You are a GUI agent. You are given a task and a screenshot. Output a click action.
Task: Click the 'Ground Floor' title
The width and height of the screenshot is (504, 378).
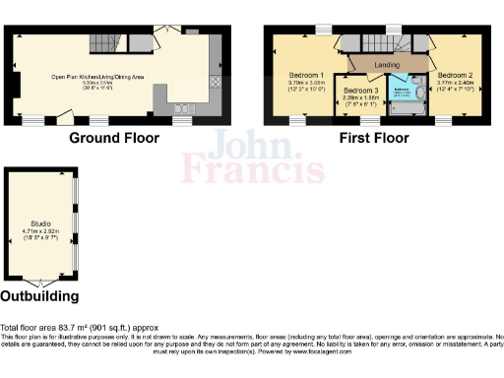click(x=116, y=138)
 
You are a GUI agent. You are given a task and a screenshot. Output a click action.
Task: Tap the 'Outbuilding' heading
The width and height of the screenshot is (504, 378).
click(x=39, y=295)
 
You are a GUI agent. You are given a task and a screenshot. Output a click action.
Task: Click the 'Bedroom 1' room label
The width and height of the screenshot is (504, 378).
click(x=307, y=75)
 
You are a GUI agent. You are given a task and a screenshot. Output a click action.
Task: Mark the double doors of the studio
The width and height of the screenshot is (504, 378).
click(x=39, y=283)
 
